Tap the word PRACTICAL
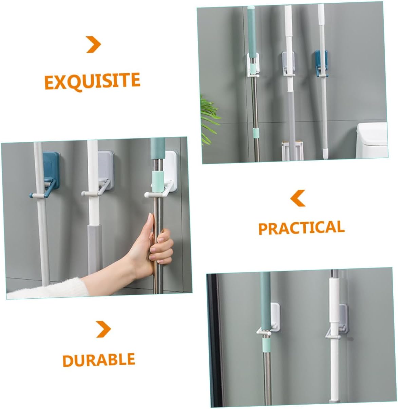click(x=301, y=227)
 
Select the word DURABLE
click(x=98, y=360)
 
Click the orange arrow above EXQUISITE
click(x=94, y=44)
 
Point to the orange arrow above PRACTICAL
click(x=298, y=198)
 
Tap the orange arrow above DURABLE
click(x=103, y=329)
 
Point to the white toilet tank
click(x=372, y=141)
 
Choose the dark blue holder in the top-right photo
click(x=321, y=63)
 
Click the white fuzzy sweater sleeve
click(x=48, y=288)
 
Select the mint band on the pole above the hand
click(x=158, y=182)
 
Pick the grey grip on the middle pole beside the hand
click(x=95, y=249)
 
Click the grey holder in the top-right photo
click(x=288, y=64)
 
